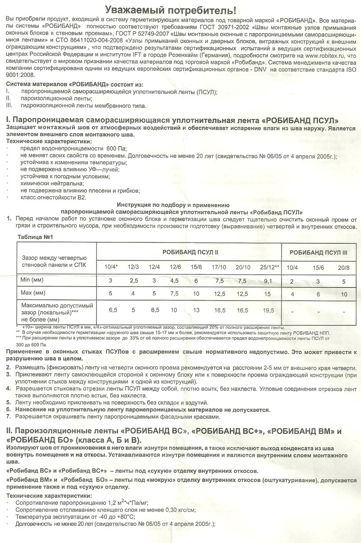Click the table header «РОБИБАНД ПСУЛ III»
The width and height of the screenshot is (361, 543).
click(x=319, y=252)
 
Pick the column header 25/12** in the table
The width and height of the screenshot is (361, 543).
click(x=270, y=267)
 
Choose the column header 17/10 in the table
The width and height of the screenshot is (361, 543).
click(x=219, y=267)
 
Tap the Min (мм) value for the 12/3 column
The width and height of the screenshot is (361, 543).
click(x=134, y=281)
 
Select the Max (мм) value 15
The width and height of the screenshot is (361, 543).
click(x=268, y=294)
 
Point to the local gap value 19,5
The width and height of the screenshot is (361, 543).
click(x=268, y=311)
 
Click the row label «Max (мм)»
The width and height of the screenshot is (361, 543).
click(x=32, y=293)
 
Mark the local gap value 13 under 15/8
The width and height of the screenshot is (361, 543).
click(x=196, y=311)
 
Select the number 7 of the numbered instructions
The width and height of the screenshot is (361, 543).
click(x=9, y=416)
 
